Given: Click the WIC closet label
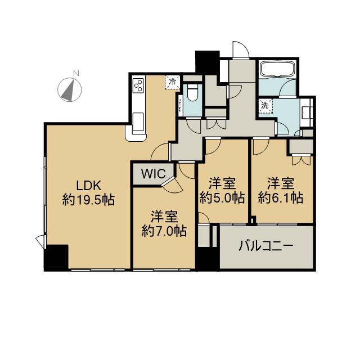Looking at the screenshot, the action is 154,174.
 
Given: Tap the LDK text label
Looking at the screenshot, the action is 89,186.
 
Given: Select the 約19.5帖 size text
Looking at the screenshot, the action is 89,200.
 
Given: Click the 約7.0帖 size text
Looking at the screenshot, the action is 164,231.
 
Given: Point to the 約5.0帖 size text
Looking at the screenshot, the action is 222,197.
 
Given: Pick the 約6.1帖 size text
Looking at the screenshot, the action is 281,197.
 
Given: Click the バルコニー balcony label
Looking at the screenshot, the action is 266,246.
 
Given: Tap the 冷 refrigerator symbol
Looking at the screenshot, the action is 172,82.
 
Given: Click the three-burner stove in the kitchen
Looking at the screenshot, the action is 139,85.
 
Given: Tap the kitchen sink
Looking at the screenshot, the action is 138,121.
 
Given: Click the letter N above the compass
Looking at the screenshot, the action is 76,73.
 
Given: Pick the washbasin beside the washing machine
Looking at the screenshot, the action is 306,112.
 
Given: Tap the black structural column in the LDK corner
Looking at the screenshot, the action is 56,258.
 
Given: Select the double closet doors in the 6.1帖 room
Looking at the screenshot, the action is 301,160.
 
